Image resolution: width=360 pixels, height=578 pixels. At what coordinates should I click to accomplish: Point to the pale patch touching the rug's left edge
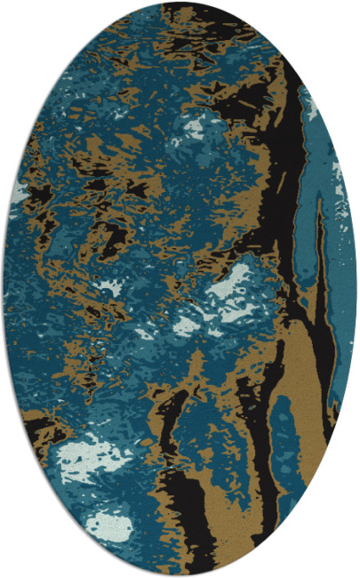20,190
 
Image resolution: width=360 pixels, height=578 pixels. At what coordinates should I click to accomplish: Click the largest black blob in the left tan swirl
107,236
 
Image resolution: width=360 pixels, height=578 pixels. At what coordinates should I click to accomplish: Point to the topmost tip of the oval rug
180,4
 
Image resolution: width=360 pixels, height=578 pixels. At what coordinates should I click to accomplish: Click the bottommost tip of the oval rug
180,574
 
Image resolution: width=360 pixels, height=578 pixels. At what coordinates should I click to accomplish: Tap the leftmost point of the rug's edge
4,289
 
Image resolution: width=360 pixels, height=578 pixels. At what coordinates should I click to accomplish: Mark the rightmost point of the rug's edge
356,289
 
